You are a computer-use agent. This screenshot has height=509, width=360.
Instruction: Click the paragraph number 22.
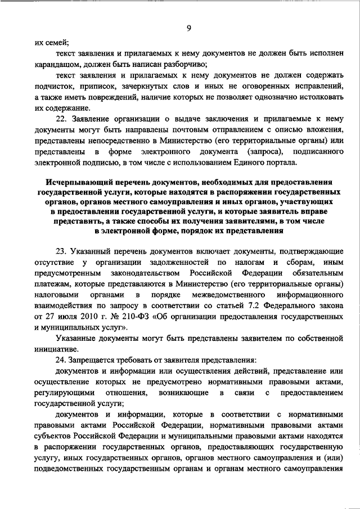pyautogui.click(x=62, y=119)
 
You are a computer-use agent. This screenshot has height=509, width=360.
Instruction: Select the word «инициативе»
pyautogui.click(x=56, y=349)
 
